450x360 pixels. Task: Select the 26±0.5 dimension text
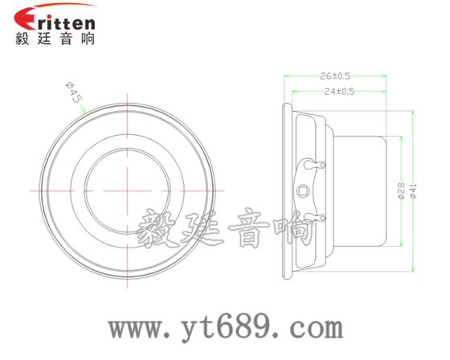335,76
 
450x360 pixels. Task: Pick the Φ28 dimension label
401,190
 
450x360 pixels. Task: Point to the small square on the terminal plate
304,190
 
